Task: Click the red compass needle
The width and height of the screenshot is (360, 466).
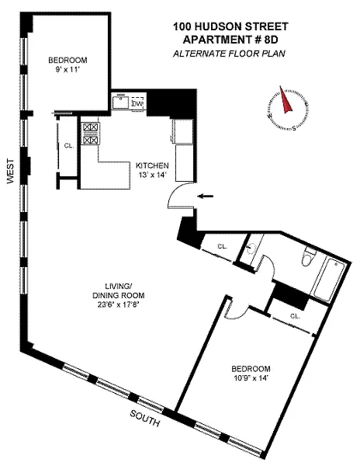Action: coord(286,100)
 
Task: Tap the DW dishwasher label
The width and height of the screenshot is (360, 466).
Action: coord(137,104)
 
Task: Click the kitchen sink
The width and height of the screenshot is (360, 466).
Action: coord(121,103)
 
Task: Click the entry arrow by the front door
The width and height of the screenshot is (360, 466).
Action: coord(206,196)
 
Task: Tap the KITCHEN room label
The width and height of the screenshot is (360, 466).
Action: coord(152,165)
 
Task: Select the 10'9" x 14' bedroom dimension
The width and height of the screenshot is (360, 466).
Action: coord(251,378)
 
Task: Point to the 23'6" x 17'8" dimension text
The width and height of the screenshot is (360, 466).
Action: coord(118,304)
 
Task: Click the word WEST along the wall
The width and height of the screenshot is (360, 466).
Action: coord(10,172)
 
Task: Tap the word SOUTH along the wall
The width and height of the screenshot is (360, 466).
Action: coord(145,418)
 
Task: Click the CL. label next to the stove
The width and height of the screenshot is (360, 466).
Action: coord(69,146)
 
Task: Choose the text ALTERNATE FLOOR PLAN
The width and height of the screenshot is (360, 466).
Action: coord(229,54)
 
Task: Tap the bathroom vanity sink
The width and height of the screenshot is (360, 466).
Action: coord(251,248)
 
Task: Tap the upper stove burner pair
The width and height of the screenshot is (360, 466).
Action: coord(91,128)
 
